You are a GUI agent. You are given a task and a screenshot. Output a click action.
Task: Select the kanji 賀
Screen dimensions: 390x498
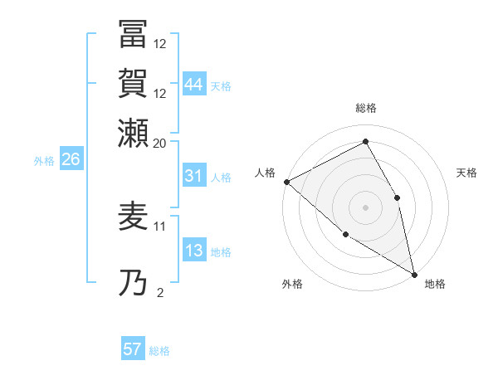pyautogui.click(x=134, y=85)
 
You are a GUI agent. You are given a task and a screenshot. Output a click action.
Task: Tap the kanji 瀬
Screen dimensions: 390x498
pyautogui.click(x=134, y=133)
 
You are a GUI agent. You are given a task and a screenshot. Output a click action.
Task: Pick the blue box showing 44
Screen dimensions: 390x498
pyautogui.click(x=194, y=85)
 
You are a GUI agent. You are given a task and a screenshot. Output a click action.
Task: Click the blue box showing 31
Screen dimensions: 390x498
pyautogui.click(x=194, y=177)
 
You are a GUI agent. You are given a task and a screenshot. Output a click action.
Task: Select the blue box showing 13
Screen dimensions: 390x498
pyautogui.click(x=194, y=251)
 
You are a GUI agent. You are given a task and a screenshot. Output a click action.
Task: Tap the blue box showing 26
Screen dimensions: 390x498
pyautogui.click(x=71, y=160)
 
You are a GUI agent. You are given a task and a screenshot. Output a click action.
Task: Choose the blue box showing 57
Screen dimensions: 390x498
pyautogui.click(x=133, y=349)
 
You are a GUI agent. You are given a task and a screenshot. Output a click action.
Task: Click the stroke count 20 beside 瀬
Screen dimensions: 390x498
pyautogui.click(x=160, y=143)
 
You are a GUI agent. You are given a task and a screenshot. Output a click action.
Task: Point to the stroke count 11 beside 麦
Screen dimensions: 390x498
pyautogui.click(x=160, y=225)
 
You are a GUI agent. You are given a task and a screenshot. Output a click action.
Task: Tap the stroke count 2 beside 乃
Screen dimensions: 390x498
pyautogui.click(x=160, y=292)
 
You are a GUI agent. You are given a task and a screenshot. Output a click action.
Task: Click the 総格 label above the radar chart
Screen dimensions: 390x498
pyautogui.click(x=365, y=108)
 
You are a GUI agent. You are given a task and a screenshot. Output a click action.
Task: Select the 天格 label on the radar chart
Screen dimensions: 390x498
pyautogui.click(x=466, y=173)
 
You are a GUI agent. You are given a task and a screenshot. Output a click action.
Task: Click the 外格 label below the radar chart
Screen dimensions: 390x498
pyautogui.click(x=292, y=284)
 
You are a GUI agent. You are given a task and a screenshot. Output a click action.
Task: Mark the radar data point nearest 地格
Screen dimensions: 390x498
pyautogui.click(x=413, y=273)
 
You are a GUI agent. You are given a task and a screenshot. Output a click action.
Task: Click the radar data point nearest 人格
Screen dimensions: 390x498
pyautogui.click(x=286, y=181)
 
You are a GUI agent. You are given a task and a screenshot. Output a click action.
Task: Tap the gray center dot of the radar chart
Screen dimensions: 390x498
pyautogui.click(x=365, y=207)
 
